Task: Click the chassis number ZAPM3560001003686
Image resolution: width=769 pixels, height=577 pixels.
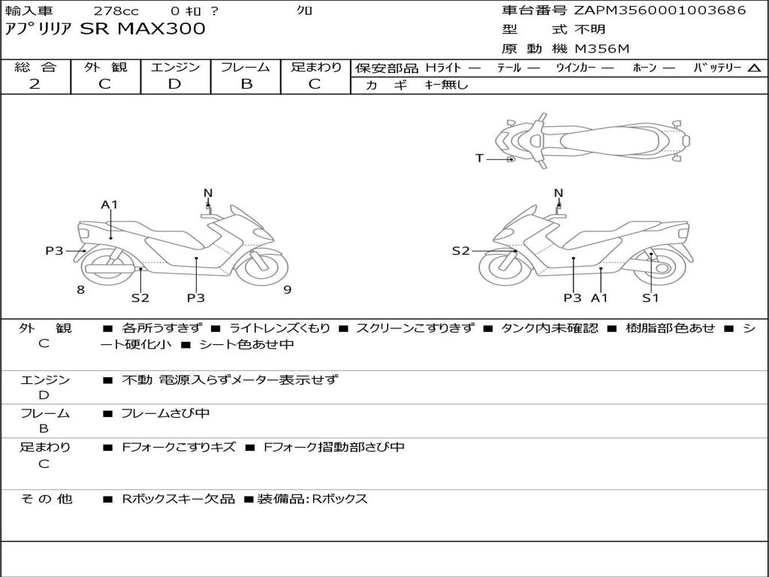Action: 659,11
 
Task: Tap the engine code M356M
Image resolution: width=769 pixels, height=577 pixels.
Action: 602,50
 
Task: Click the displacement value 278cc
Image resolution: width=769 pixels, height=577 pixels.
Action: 116,11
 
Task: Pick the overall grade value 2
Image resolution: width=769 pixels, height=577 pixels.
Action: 35,84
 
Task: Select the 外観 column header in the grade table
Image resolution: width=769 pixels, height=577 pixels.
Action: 105,68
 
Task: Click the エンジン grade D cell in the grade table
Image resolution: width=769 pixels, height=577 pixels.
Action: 175,84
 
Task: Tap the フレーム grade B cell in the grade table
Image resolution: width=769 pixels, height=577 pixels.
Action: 246,84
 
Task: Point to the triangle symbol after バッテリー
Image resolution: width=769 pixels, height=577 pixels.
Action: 754,68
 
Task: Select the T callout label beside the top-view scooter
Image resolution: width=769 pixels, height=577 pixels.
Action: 479,158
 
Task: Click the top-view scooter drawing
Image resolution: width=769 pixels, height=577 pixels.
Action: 592,140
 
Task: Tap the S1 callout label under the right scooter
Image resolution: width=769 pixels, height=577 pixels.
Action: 650,298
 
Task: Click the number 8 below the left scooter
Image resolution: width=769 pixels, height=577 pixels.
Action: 80,290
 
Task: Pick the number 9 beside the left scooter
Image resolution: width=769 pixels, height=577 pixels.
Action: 288,290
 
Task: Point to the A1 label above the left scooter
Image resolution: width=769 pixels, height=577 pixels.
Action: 110,204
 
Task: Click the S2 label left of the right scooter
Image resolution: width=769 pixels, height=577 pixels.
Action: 460,251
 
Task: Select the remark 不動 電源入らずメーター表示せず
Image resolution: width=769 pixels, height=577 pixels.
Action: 230,380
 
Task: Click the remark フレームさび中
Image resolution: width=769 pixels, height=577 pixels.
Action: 165,413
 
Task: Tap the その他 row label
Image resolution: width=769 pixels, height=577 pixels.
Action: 45,499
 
